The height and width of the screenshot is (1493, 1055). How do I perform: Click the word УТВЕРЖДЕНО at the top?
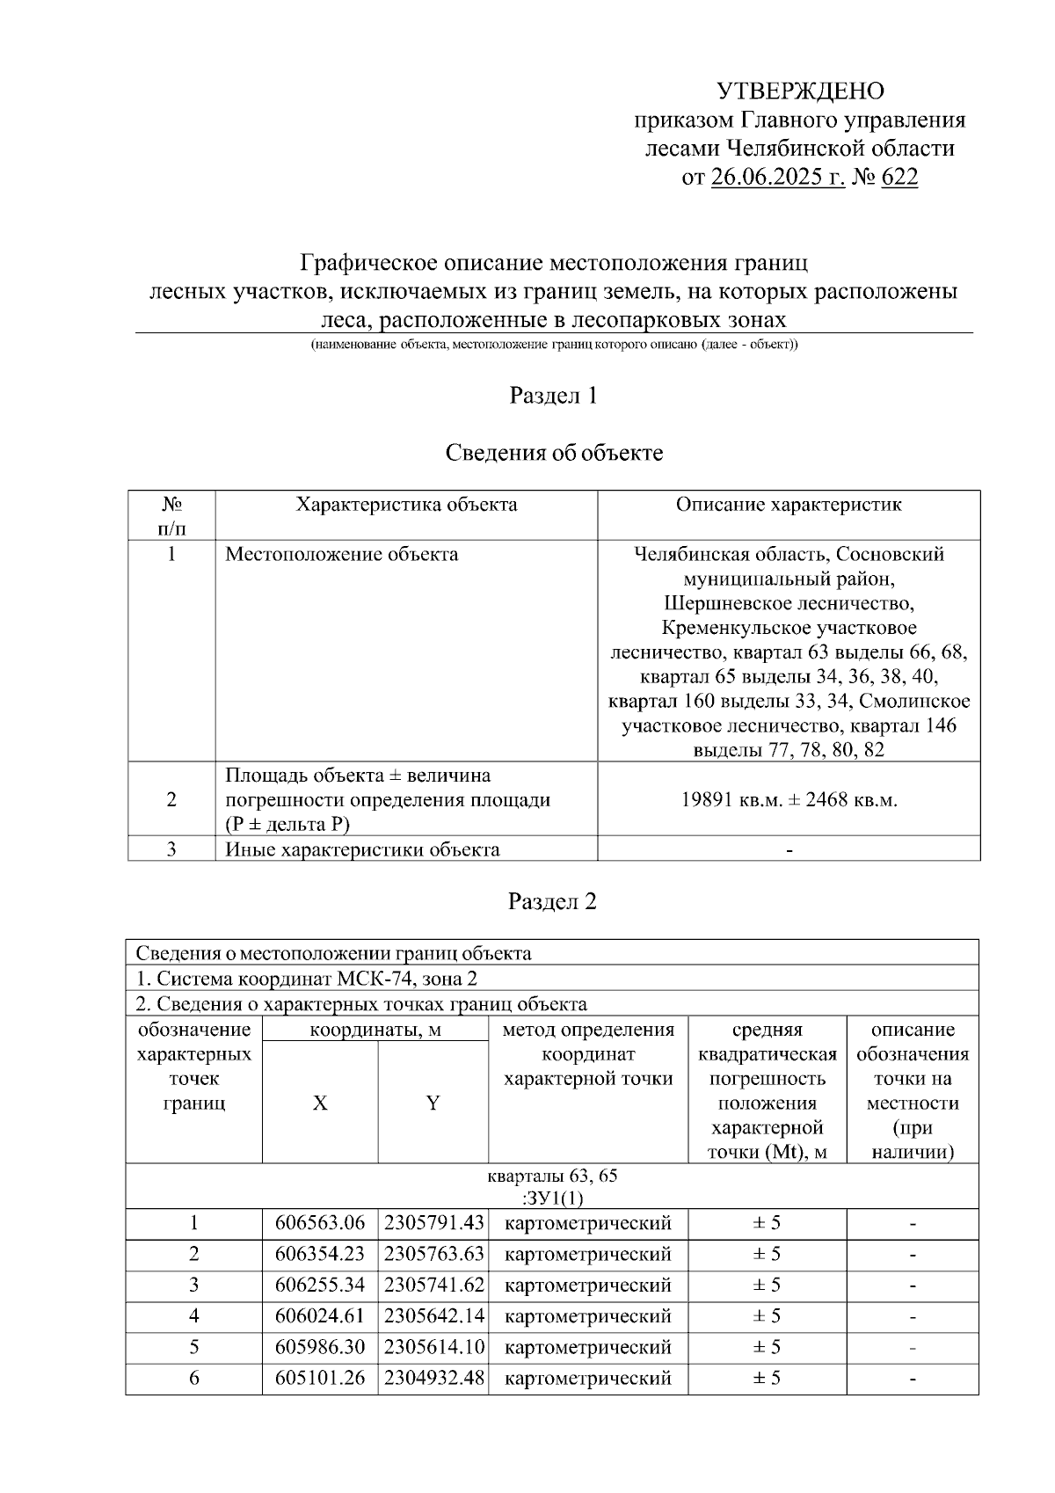coord(800,91)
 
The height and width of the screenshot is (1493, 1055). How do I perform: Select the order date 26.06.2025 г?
coord(777,178)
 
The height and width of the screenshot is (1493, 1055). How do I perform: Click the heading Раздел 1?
coord(553,396)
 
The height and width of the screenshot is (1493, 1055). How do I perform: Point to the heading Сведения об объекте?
coord(553,453)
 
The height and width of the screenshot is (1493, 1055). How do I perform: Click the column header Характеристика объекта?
coord(406,505)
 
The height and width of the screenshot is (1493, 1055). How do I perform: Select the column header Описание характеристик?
coord(789,505)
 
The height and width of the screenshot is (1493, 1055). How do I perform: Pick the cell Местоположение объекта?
coord(341,555)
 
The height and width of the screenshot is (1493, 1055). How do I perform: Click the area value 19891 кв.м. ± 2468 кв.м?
coord(789,800)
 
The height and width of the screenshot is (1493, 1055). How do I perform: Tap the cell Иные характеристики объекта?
coord(362,849)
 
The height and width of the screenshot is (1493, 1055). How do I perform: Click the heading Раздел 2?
coord(553,901)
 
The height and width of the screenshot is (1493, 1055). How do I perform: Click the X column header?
coord(320,1103)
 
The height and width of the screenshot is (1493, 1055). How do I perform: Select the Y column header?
coord(433,1103)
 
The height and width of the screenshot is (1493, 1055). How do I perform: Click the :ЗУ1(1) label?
coord(553,1198)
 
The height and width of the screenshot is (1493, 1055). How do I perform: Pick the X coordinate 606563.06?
coord(320,1223)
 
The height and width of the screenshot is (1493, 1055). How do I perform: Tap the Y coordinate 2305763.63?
coord(433,1254)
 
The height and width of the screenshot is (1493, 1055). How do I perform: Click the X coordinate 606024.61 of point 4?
coord(320,1316)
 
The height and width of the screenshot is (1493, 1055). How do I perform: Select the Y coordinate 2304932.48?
coord(433,1378)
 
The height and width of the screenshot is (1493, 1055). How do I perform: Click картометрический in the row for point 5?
coord(588,1347)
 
